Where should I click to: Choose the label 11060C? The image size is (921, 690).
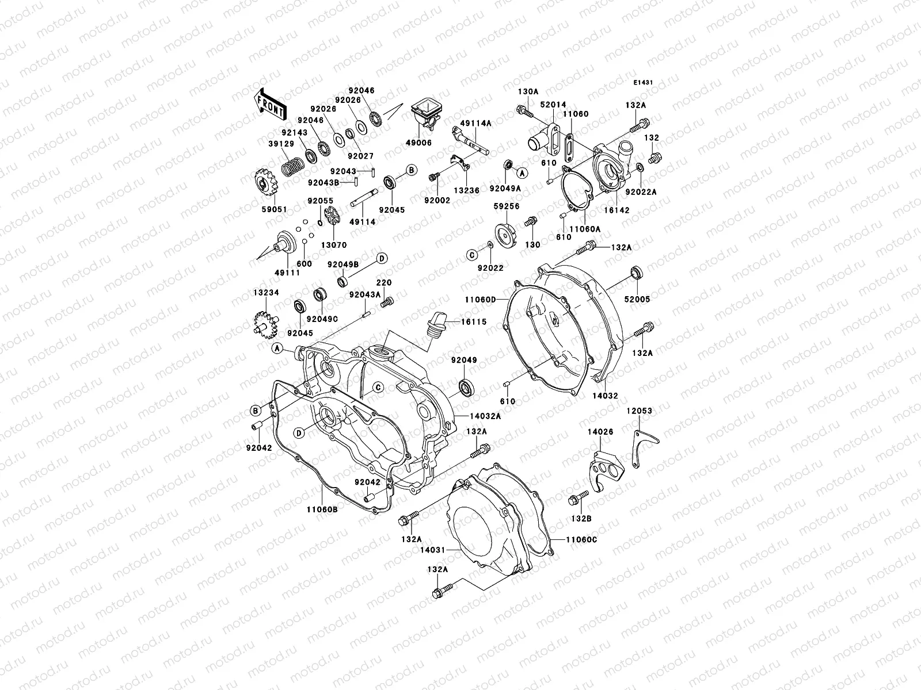[581, 539]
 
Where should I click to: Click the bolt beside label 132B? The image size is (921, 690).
[577, 498]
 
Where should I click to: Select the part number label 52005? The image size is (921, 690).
[637, 300]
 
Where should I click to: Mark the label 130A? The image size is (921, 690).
[528, 91]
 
